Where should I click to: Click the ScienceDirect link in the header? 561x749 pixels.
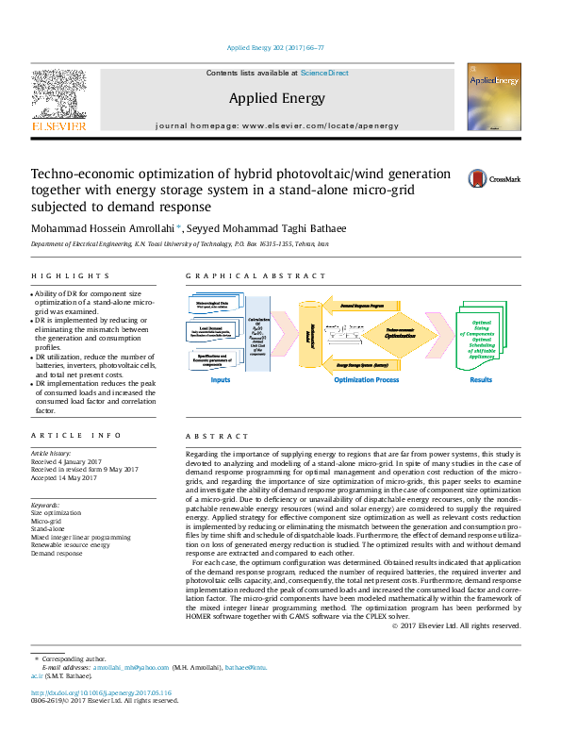(325, 73)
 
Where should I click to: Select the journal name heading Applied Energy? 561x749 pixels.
(276, 98)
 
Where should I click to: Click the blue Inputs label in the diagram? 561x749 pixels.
(221, 380)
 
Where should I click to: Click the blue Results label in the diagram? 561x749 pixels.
(481, 380)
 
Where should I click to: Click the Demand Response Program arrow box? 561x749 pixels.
(363, 308)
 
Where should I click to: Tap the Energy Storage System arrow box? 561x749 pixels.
(364, 362)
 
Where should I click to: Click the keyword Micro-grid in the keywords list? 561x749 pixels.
(46, 520)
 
